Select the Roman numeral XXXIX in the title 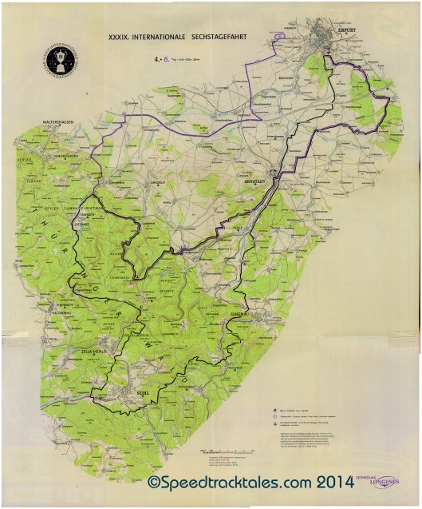(120, 36)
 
